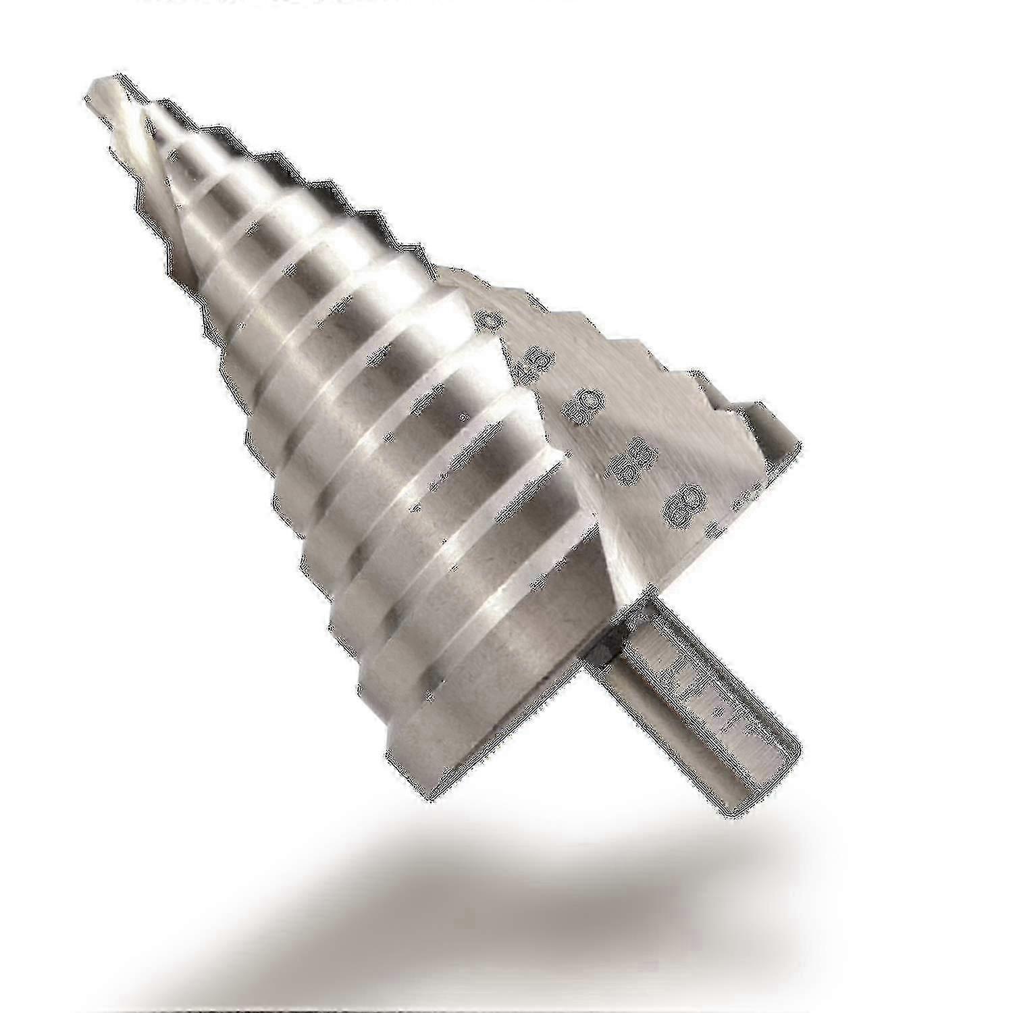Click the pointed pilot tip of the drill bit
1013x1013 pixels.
tap(95, 84)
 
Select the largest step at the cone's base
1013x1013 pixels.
tap(439, 736)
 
